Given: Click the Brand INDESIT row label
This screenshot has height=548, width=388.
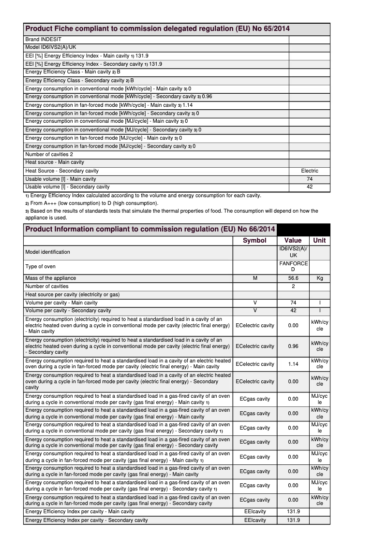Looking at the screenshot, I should coord(44,39).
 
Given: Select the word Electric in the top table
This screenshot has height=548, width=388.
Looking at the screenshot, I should coord(310,171).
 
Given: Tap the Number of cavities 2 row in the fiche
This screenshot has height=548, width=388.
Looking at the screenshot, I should coord(49,154).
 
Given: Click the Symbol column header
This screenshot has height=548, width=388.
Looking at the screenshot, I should coord(254,240).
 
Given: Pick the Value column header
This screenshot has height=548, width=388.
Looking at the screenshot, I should coord(293,240).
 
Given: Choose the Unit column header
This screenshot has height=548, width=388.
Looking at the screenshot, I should coord(319,240).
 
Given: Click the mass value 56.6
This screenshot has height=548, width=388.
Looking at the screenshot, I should coord(293,278).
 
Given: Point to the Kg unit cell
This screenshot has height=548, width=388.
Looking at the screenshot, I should coord(319,278).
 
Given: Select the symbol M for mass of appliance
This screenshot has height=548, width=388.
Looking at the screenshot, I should coord(254,278).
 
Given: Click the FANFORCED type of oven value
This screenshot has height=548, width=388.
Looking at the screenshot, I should coord(293,266).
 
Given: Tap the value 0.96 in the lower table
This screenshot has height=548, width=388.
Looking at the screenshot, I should coord(293,346).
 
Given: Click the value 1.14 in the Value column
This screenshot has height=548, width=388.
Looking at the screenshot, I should coord(293,364).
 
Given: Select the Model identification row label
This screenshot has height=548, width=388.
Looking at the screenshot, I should coord(47,252).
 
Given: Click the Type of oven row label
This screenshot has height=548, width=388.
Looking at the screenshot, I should coord(40,266).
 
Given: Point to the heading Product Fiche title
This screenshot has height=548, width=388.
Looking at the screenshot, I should coord(157,29).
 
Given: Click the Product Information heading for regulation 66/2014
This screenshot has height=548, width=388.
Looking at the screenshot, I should coord(150,229).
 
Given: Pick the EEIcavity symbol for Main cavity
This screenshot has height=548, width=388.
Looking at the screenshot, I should coord(254,511).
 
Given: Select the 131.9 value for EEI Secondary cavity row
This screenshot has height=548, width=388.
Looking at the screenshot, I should coord(293,520).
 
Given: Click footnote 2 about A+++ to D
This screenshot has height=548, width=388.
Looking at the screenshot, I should coord(91,203).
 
